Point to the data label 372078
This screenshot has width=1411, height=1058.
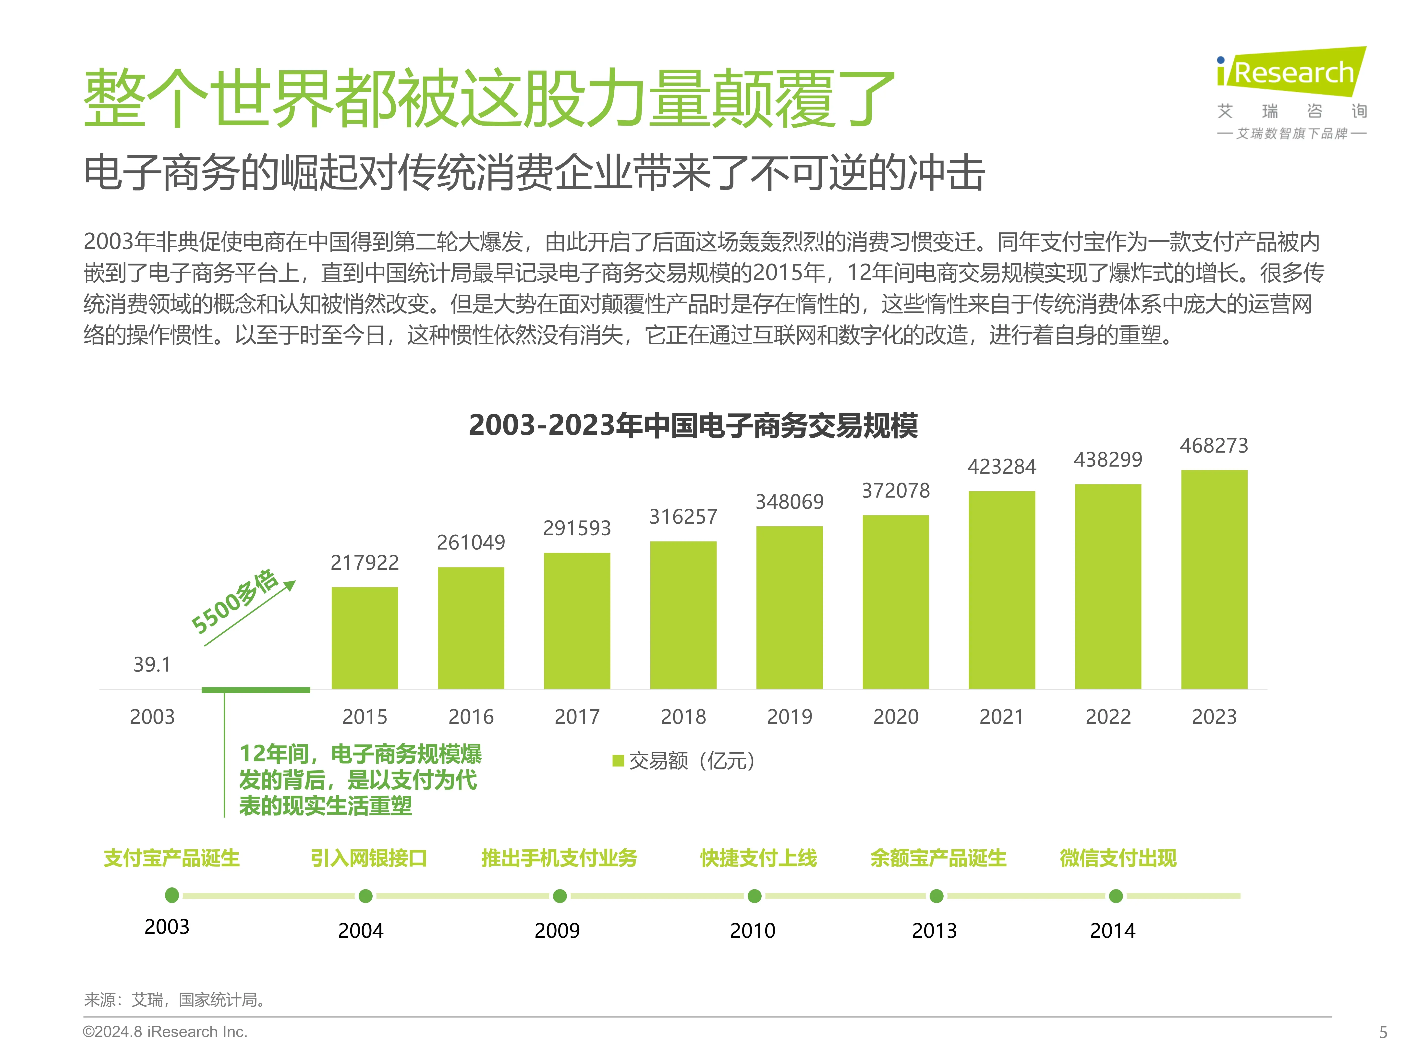tap(896, 490)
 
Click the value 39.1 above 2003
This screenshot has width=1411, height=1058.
tap(152, 664)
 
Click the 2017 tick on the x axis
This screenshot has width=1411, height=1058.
tap(577, 717)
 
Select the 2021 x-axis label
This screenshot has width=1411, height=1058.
tap(1001, 717)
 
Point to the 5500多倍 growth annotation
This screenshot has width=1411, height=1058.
tap(235, 601)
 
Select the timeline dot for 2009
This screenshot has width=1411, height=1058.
tap(560, 896)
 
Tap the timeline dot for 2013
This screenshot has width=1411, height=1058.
tap(936, 896)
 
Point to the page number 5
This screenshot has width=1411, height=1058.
tap(1383, 1032)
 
